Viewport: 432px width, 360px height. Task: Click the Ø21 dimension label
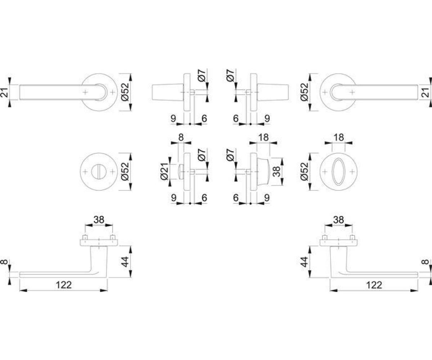pos(164,171)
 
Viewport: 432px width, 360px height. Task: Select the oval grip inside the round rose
pos(338,171)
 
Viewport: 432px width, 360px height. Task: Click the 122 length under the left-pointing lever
pos(64,285)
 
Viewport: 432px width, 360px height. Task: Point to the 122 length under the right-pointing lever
pos(374,285)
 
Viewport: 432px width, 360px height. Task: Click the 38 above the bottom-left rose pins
pos(99,220)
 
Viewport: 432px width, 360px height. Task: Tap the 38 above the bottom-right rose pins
pos(338,220)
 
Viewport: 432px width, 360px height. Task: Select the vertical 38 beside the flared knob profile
pos(276,171)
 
